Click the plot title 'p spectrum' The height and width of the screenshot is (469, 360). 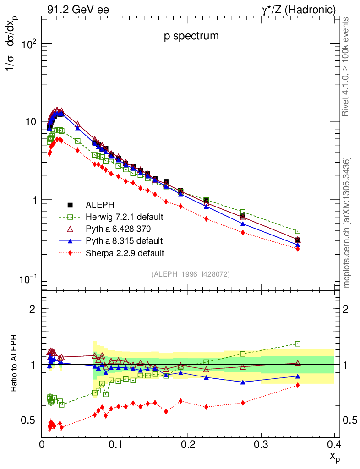click(191, 37)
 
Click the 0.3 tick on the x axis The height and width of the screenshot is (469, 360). click(261, 444)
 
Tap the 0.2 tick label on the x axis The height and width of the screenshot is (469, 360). click(188, 444)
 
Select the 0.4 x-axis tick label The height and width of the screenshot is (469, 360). click(334, 444)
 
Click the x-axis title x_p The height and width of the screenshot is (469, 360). click(334, 456)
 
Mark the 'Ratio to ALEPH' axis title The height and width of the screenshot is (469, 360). click(14, 364)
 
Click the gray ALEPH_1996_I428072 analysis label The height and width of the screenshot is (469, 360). click(191, 274)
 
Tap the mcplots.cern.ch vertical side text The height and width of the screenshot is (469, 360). click(347, 223)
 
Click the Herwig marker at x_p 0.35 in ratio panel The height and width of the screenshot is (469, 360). click(298, 344)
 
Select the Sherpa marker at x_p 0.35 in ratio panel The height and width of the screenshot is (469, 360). click(298, 385)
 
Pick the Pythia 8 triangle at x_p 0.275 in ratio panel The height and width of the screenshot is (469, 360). click(243, 382)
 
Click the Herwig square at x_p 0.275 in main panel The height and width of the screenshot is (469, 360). click(243, 212)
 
